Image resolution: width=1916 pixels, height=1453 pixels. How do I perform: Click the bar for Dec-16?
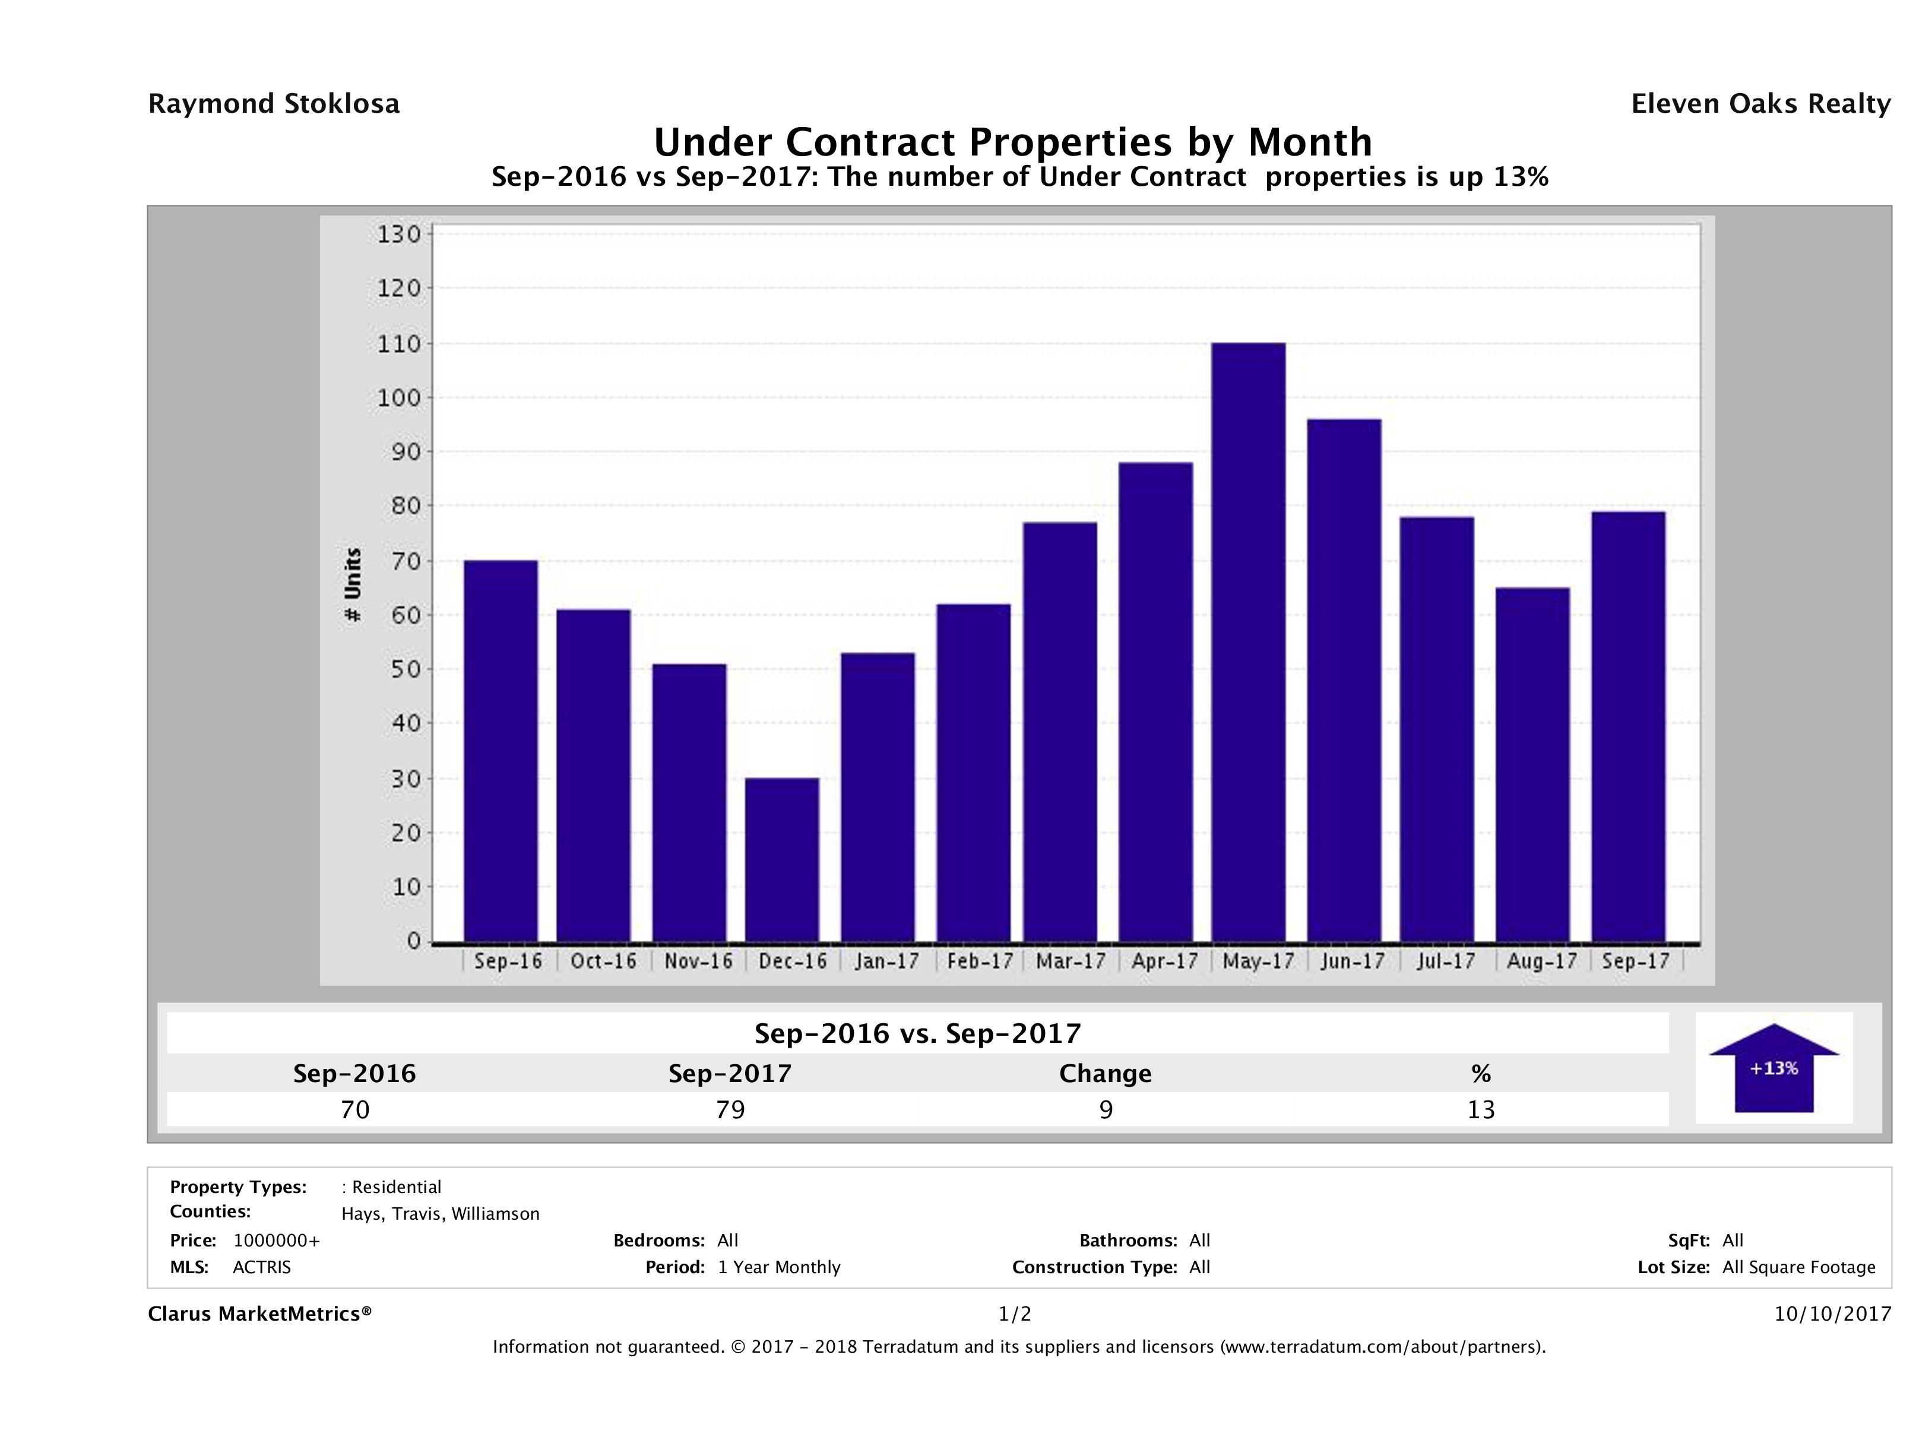(x=781, y=860)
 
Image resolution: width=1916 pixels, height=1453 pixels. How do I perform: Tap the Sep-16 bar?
(x=501, y=751)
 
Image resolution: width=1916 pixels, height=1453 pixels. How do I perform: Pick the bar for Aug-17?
(x=1532, y=764)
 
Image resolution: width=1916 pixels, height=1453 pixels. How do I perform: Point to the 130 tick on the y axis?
(x=398, y=234)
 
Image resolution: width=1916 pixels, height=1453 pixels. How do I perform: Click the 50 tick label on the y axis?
(x=398, y=670)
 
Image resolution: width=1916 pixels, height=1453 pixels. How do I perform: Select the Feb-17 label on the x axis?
(x=980, y=961)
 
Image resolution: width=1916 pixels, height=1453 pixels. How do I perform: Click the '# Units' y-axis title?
(x=353, y=585)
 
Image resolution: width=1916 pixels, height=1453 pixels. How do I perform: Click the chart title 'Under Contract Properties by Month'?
(x=1012, y=142)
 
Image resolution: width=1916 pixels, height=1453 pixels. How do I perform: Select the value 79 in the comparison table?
(x=730, y=1109)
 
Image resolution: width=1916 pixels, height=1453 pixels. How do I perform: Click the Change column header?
(x=1106, y=1074)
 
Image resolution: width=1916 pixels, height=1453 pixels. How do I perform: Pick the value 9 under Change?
(x=1106, y=1109)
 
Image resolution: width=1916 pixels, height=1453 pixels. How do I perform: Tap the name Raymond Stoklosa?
(x=274, y=104)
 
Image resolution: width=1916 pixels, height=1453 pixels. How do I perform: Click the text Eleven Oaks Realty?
(x=1760, y=104)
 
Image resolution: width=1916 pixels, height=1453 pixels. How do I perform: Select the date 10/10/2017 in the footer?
(x=1832, y=1314)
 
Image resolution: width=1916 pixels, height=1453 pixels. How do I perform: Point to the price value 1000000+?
(x=276, y=1240)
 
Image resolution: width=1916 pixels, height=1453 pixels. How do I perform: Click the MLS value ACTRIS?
(x=262, y=1267)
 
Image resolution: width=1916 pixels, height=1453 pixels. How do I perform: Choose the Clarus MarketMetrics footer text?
(x=260, y=1314)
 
